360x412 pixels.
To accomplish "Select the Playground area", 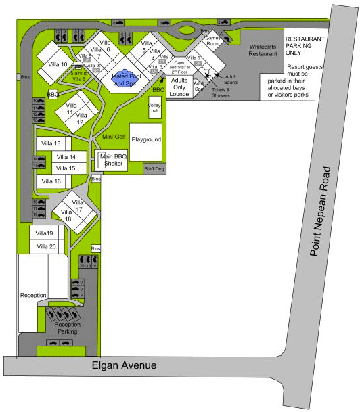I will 146,140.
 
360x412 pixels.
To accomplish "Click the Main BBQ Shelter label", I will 113,160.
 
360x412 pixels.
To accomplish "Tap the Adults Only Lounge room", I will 179,87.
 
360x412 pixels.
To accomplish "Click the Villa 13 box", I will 53,144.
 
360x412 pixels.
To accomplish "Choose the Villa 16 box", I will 53,181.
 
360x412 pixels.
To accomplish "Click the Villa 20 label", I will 47,246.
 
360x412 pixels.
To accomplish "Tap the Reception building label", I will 32,296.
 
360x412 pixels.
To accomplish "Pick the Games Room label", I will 214,41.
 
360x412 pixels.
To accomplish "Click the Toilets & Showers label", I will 220,92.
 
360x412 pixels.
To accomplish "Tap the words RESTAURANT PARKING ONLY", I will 305,46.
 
